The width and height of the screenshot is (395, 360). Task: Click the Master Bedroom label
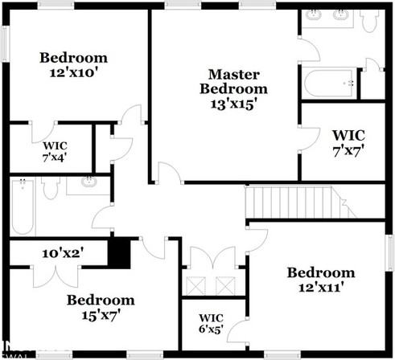click(x=233, y=81)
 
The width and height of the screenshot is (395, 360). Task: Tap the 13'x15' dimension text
click(x=233, y=103)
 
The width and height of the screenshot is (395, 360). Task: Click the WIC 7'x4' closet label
click(x=56, y=151)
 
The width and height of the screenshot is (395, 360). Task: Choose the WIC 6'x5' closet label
click(x=211, y=323)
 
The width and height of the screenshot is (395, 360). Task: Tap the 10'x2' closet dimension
click(x=64, y=252)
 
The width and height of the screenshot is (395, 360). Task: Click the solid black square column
click(x=119, y=254)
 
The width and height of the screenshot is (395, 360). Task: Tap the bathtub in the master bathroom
click(x=329, y=83)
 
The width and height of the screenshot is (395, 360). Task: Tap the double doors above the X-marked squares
click(x=211, y=260)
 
